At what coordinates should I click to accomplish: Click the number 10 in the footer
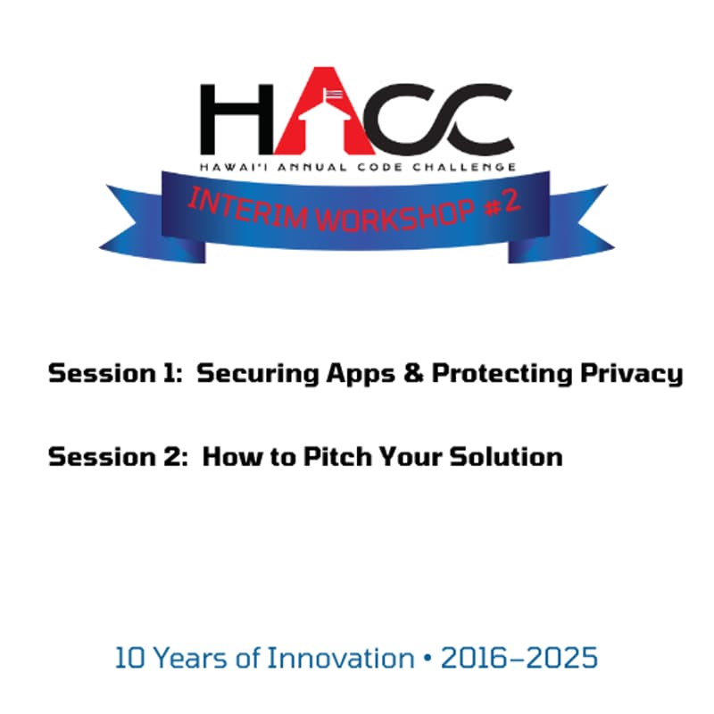[x=130, y=659]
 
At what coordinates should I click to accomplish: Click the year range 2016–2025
[x=519, y=659]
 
